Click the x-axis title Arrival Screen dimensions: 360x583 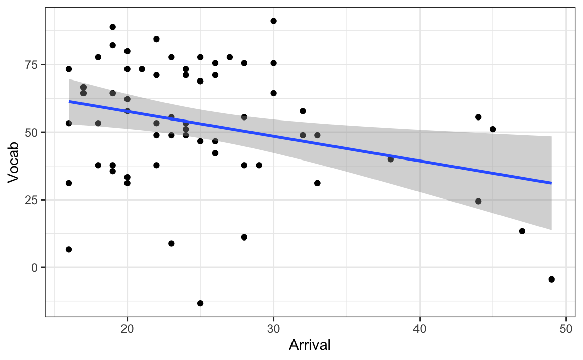click(310, 346)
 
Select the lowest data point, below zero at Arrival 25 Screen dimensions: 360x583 click(200, 303)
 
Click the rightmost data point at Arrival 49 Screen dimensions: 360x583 click(551, 279)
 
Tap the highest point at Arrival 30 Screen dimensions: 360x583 click(273, 21)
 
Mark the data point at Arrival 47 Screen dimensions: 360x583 click(522, 231)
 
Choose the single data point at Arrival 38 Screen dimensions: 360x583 click(390, 159)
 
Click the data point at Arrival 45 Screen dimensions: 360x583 click(493, 129)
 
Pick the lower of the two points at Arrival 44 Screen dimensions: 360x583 click(478, 201)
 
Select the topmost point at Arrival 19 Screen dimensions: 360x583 click(113, 27)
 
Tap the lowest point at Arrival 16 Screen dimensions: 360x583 click(69, 249)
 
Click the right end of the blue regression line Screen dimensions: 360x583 click(551, 183)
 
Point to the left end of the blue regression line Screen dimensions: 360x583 click(69, 102)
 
